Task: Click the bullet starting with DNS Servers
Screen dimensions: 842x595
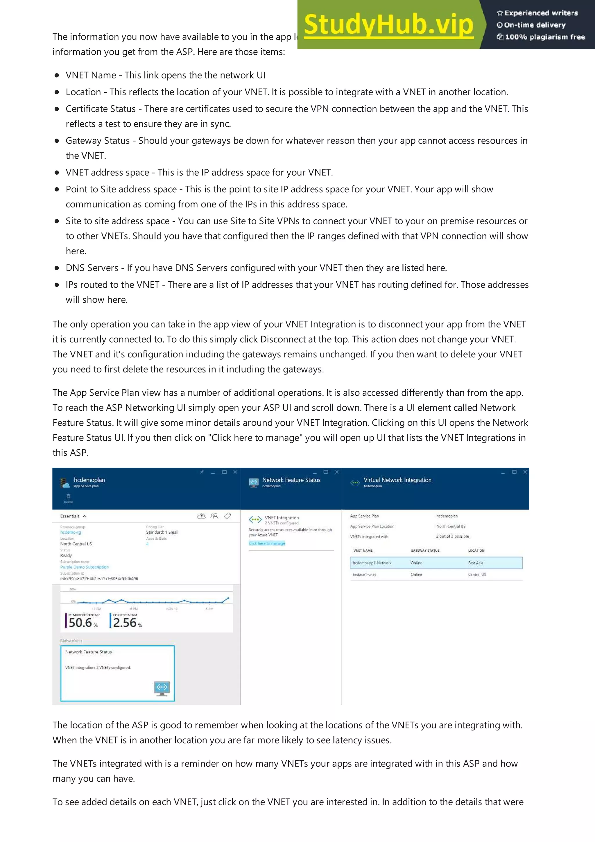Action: tap(256, 268)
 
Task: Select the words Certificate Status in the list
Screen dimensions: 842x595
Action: tap(101, 109)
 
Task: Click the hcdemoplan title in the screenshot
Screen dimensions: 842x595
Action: tap(89, 480)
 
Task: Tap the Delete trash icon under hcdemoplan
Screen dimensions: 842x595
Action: tap(69, 497)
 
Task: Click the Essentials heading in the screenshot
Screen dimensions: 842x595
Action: tap(70, 516)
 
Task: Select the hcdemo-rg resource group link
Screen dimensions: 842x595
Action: tap(70, 532)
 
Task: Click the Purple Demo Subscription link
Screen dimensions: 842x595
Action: tap(84, 567)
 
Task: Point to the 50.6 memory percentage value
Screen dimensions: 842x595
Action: tap(80, 622)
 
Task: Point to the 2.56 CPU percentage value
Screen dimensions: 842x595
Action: tap(125, 622)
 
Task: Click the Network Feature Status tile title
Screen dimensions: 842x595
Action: tap(88, 652)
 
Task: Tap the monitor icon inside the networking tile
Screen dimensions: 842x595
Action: tap(162, 688)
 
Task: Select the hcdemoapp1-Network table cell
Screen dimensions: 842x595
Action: tap(372, 563)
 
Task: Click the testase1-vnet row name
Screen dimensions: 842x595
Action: tap(364, 575)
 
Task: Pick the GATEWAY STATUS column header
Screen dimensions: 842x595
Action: tap(424, 551)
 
